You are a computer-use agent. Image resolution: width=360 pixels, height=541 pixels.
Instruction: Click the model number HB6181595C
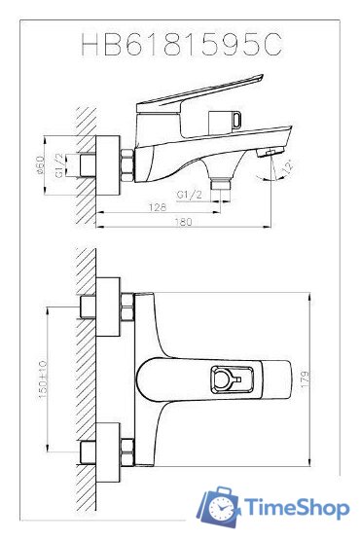182,44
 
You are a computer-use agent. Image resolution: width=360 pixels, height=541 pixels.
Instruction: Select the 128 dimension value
157,207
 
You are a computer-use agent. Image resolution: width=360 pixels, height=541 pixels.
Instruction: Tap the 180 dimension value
183,222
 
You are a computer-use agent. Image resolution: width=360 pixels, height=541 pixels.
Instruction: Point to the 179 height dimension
306,379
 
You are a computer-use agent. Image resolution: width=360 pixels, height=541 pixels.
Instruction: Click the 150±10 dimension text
42,379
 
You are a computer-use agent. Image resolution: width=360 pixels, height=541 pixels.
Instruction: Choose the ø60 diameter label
41,164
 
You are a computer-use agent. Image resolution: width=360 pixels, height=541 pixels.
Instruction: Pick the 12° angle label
287,166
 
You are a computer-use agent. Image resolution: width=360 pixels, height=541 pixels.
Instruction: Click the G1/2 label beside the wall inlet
59,165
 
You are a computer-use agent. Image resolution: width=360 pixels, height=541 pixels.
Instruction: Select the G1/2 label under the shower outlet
189,195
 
